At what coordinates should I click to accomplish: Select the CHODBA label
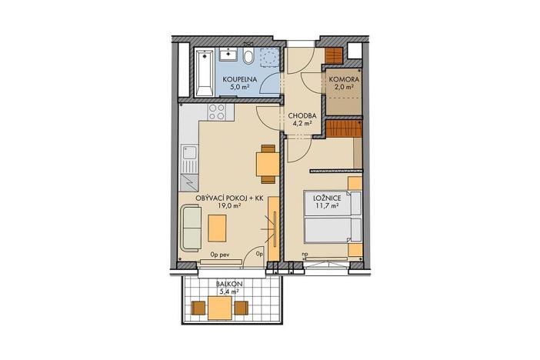300,116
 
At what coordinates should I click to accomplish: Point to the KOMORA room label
343,80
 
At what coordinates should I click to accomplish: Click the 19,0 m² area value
227,207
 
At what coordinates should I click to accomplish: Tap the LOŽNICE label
324,198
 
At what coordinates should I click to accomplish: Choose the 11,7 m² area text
324,208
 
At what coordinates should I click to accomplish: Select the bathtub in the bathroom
204,71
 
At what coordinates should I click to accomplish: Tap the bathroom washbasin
229,55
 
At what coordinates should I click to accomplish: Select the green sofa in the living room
190,227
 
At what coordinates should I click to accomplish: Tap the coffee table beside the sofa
218,227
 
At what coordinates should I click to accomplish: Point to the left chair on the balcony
198,308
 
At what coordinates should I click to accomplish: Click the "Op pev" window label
220,253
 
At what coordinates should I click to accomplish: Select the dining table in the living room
267,163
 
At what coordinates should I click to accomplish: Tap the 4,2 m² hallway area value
300,125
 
